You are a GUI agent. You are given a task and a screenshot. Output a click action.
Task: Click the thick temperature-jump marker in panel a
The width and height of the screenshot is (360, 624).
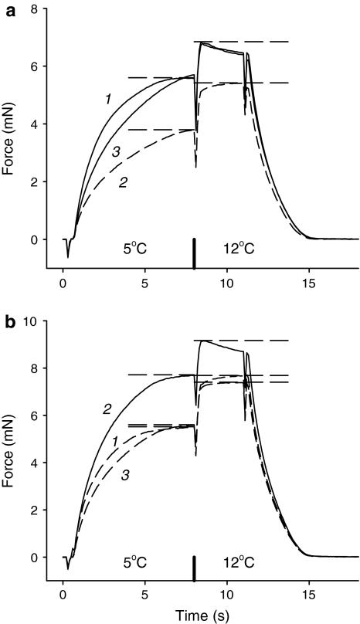[194, 252]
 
